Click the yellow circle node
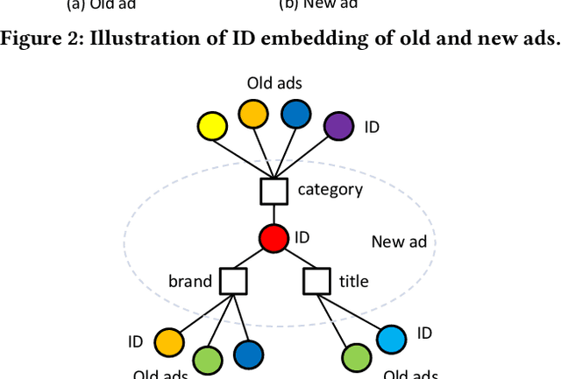click(x=211, y=128)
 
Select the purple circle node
click(x=337, y=127)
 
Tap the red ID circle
click(x=273, y=237)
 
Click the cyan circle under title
click(x=391, y=338)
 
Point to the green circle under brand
click(x=207, y=360)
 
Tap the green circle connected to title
click(x=355, y=359)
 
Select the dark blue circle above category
click(x=295, y=114)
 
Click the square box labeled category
click(x=274, y=190)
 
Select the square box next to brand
click(x=233, y=281)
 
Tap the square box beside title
click(x=316, y=281)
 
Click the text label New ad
click(x=399, y=242)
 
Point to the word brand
click(x=190, y=281)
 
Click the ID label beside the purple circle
click(x=372, y=127)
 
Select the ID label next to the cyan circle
click(x=424, y=333)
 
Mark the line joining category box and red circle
click(x=274, y=214)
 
